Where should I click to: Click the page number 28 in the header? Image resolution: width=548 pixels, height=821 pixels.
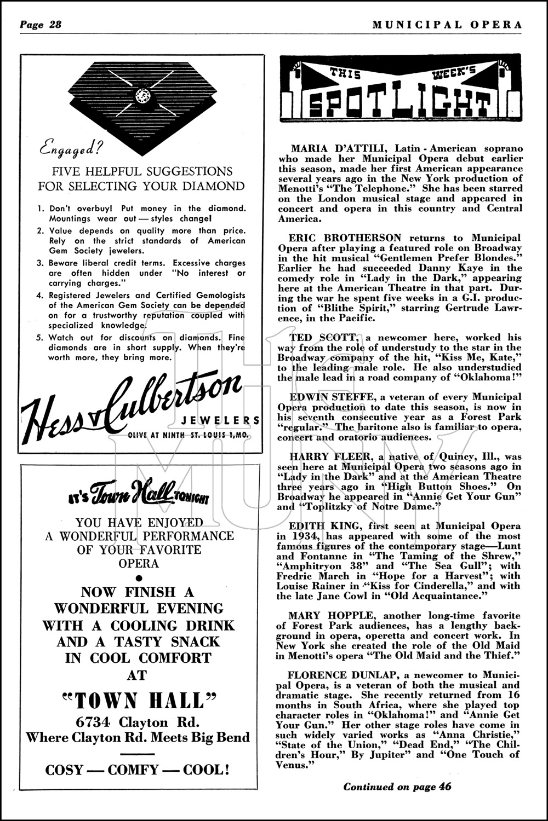pyautogui.click(x=55, y=25)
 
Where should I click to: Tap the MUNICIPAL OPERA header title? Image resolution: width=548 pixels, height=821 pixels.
pyautogui.click(x=447, y=25)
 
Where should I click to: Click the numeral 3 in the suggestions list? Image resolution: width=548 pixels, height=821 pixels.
pyautogui.click(x=41, y=263)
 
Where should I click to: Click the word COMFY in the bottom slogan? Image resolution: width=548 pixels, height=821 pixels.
pyautogui.click(x=133, y=770)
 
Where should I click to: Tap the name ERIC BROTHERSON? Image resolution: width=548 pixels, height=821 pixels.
pyautogui.click(x=346, y=238)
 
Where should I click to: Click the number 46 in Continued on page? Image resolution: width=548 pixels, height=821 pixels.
pyautogui.click(x=445, y=787)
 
